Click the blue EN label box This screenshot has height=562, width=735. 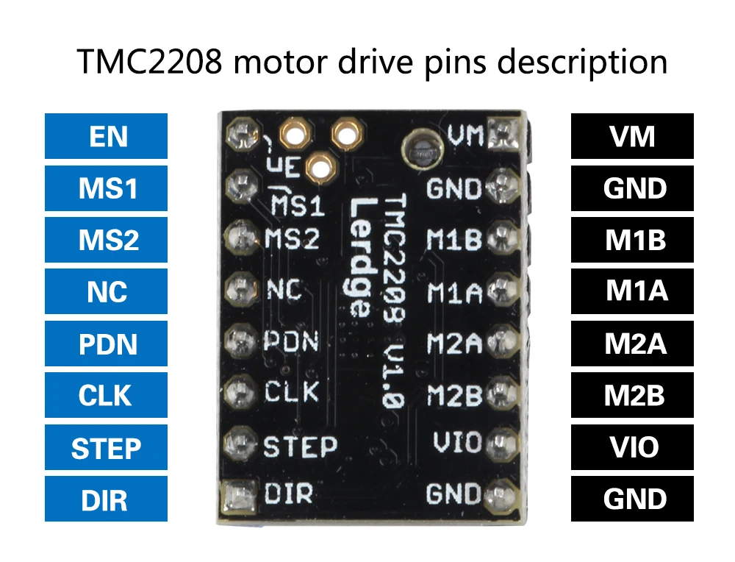[x=106, y=136]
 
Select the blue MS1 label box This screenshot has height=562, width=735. [x=106, y=188]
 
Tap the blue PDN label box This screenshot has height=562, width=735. [x=106, y=344]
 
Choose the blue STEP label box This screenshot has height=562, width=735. [x=106, y=447]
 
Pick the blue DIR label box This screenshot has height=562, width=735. [x=106, y=499]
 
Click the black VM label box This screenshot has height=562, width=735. [x=632, y=136]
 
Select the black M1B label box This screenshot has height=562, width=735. [x=632, y=240]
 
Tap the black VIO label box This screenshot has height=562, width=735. [x=632, y=447]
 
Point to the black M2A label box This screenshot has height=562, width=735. [x=632, y=344]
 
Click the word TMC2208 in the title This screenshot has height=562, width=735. [x=149, y=62]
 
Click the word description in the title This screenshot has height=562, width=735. [x=581, y=63]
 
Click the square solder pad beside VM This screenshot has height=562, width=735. [x=504, y=133]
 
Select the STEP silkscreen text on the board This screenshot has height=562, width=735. [x=301, y=447]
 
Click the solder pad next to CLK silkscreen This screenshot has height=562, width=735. [x=240, y=392]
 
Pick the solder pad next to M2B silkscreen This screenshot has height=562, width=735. [x=502, y=393]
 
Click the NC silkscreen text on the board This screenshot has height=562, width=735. [x=284, y=290]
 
